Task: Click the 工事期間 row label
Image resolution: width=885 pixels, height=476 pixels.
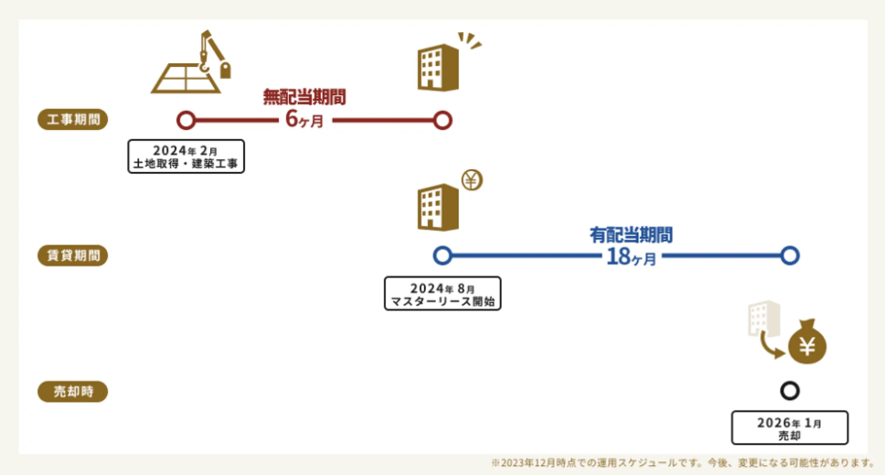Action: coord(72,120)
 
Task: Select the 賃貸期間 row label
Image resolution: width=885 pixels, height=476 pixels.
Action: coord(72,255)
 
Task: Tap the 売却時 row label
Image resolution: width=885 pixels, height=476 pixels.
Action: coord(72,392)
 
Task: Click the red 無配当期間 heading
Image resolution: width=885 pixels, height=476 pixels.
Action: coord(304,95)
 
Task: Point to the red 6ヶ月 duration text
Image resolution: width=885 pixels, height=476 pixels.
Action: coord(304,119)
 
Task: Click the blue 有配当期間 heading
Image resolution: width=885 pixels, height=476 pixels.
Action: coord(631,233)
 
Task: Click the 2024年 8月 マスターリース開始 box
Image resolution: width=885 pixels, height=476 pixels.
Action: coord(443,293)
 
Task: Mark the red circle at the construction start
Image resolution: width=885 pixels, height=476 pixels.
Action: coord(186,120)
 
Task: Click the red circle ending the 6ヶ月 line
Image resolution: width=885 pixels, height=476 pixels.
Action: coord(442,120)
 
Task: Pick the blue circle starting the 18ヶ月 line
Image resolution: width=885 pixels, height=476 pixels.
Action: coord(442,255)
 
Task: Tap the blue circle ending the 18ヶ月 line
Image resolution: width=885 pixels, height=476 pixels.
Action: coord(790,255)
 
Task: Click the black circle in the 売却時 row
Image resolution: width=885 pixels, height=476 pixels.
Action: coord(790,391)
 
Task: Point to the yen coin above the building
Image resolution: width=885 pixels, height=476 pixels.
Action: coord(472,180)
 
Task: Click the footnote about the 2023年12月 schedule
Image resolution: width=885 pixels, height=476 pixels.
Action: coord(684,462)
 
